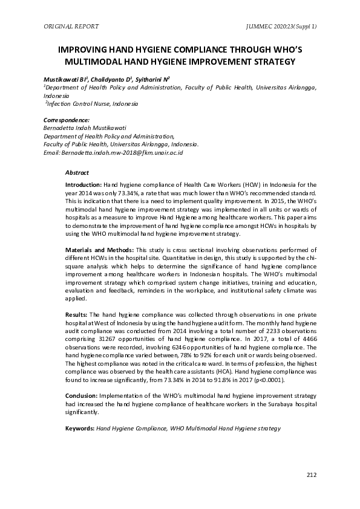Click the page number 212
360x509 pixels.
[x=312, y=475]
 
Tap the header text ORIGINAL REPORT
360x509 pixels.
[x=71, y=27]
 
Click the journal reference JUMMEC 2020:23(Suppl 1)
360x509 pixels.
[x=282, y=27]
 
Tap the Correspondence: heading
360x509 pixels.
[x=67, y=121]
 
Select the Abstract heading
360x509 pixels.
[x=77, y=172]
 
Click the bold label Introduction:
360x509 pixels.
[x=83, y=183]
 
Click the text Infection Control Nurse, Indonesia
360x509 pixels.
[x=93, y=103]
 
